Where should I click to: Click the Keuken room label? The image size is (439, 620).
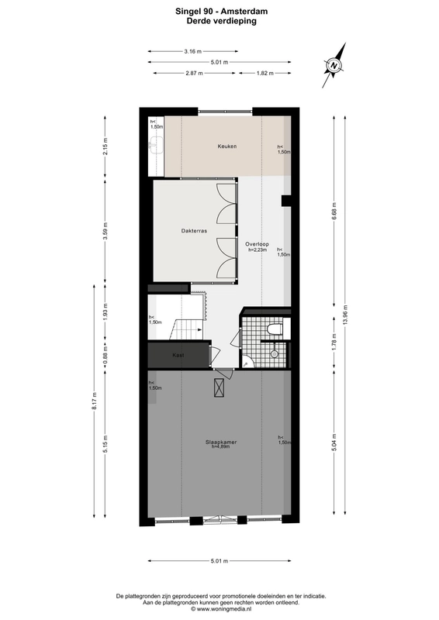point(226,146)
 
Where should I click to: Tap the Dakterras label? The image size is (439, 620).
point(194,231)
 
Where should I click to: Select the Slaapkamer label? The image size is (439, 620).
point(221,442)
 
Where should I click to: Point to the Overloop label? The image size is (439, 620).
point(257,244)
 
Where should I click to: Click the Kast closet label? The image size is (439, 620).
point(178,355)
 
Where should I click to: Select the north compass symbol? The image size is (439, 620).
point(334,65)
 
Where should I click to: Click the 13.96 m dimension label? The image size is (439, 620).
point(345,314)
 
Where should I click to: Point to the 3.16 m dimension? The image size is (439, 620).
point(193,51)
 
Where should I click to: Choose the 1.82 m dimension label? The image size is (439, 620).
point(264,73)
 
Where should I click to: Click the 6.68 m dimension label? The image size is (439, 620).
point(334,211)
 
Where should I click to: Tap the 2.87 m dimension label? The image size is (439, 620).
point(194,73)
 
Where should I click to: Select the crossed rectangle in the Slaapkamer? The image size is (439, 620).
point(219,387)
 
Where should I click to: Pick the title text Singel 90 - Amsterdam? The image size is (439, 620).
point(221,12)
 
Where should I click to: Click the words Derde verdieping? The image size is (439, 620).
point(221,21)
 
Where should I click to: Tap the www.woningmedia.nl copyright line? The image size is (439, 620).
point(221,609)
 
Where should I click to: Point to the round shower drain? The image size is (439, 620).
point(274,354)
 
